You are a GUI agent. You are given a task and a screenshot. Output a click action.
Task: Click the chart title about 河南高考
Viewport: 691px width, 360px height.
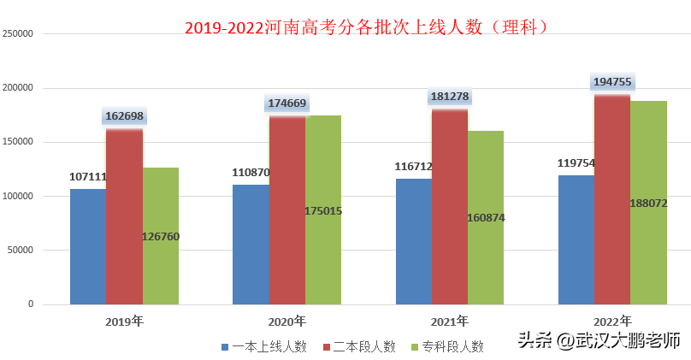[x=366, y=27]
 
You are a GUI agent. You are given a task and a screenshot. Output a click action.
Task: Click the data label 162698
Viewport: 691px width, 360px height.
[x=125, y=116]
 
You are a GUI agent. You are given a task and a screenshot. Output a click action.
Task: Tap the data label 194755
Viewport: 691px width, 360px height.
[x=612, y=82]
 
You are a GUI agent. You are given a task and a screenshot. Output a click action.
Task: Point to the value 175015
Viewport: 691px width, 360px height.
[x=323, y=210]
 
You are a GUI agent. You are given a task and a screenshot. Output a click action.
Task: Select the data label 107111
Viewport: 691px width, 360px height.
[x=88, y=176]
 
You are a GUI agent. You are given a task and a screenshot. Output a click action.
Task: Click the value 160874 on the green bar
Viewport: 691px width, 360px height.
[x=486, y=217]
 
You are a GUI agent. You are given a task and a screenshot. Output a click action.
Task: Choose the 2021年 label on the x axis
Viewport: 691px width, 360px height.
[x=450, y=322]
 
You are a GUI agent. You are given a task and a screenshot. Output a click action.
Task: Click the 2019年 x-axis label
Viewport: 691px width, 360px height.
[x=125, y=322]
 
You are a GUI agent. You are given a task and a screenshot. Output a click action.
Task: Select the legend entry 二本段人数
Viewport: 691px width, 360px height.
[x=359, y=346]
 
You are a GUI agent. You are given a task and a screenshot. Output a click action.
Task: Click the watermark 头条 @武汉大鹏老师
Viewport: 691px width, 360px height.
[x=599, y=339]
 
